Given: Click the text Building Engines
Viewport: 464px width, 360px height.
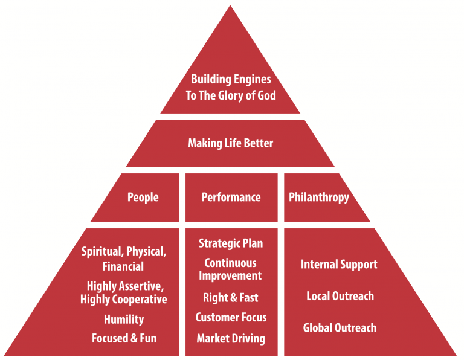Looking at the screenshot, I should coord(231,79).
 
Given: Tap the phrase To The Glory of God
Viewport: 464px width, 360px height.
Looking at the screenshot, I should coord(231,95).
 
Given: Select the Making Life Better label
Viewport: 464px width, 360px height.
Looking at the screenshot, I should coord(231,143).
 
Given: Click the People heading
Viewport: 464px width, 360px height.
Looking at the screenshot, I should coord(143,198).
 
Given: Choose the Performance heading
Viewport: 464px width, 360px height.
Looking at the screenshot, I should coord(231,198).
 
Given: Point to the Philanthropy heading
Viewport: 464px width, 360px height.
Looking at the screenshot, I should coord(319,198).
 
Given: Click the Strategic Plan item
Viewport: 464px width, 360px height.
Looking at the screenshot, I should coord(231,243).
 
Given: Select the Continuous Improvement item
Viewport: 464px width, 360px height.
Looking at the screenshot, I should coord(231,269).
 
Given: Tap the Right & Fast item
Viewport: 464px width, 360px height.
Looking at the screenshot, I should coord(231,298).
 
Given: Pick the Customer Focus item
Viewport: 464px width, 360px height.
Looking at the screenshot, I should coord(231,317).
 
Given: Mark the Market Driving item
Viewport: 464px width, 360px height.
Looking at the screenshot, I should coord(231,338).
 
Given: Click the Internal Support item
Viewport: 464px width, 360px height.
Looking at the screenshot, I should coord(339,265).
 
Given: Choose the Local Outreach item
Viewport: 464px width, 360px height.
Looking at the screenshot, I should coord(340,296).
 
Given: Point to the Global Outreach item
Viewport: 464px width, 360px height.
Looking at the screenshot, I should coord(340,328).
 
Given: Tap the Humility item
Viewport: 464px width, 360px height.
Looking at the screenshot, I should coord(123,319).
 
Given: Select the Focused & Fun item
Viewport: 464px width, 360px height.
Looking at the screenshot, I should coord(124,338).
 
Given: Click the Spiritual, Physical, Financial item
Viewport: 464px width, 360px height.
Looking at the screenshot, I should coord(124,259).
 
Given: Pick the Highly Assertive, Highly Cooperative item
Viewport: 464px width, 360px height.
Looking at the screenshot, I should coord(124,292).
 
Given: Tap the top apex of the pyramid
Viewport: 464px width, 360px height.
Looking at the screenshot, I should coord(230,7).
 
